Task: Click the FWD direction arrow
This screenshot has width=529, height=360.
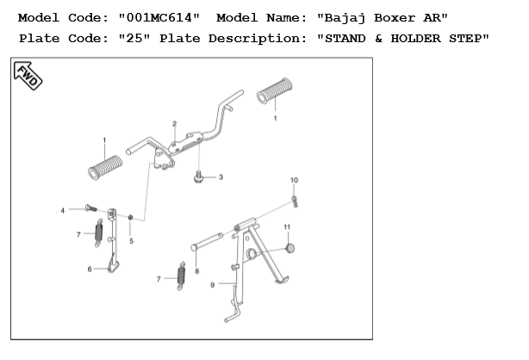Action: tap(28, 78)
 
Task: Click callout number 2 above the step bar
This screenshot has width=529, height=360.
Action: tap(174, 124)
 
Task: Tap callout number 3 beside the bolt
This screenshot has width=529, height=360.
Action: tap(220, 177)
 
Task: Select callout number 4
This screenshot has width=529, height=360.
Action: tap(62, 209)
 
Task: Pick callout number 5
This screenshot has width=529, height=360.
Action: tap(131, 241)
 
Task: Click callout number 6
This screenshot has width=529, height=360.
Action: tap(90, 269)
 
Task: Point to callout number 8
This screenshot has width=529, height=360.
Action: tap(196, 271)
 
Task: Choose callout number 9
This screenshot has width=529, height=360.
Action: tap(213, 284)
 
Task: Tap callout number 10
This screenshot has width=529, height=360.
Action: tap(294, 180)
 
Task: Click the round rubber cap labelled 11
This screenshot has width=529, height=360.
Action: tap(289, 249)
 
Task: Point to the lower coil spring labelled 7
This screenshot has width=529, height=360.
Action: tap(181, 276)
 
